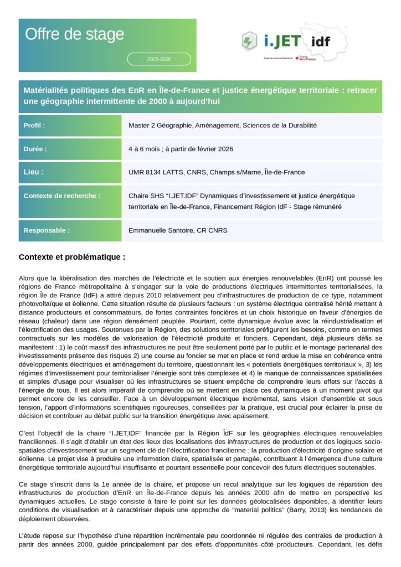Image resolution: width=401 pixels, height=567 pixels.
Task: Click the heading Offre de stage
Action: (x=74, y=34)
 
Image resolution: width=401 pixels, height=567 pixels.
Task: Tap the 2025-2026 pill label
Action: (x=159, y=59)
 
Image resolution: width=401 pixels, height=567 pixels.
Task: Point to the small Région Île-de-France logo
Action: (x=305, y=58)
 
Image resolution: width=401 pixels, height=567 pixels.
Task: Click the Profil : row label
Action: (x=34, y=126)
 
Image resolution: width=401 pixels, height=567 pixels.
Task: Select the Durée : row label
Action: (x=35, y=149)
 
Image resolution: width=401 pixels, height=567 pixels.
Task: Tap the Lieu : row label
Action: (x=34, y=172)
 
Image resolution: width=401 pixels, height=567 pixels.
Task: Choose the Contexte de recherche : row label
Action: (x=62, y=195)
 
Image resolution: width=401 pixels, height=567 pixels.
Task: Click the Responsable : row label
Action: (x=47, y=230)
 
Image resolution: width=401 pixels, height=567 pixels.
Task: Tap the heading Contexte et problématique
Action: (x=72, y=257)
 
